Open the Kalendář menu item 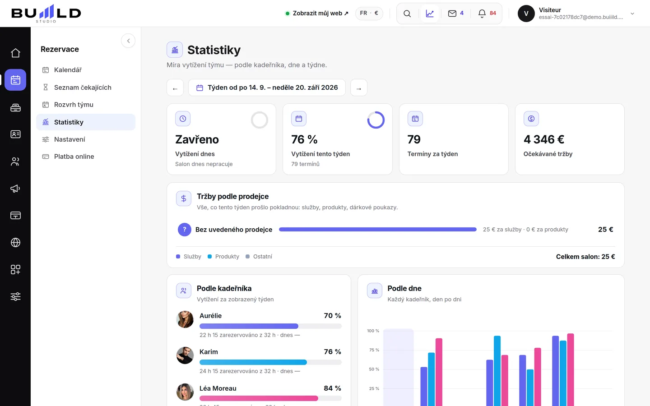coord(68,70)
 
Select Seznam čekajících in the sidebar coord(83,88)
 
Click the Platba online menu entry coord(74,157)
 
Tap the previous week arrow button coord(175,88)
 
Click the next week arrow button coord(359,88)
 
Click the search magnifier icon coord(407,14)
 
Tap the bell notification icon coord(482,14)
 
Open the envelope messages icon coord(452,14)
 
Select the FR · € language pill coord(369,14)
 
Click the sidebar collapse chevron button coord(128,41)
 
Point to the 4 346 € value coord(544,139)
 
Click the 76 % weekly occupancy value coord(304,139)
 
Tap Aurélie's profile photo coord(185,319)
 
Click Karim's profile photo coord(185,355)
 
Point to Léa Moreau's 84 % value coord(332,388)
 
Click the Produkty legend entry coord(223,257)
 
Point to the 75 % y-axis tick coord(374,350)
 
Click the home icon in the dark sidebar coord(15,53)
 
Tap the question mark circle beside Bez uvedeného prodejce coord(185,230)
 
